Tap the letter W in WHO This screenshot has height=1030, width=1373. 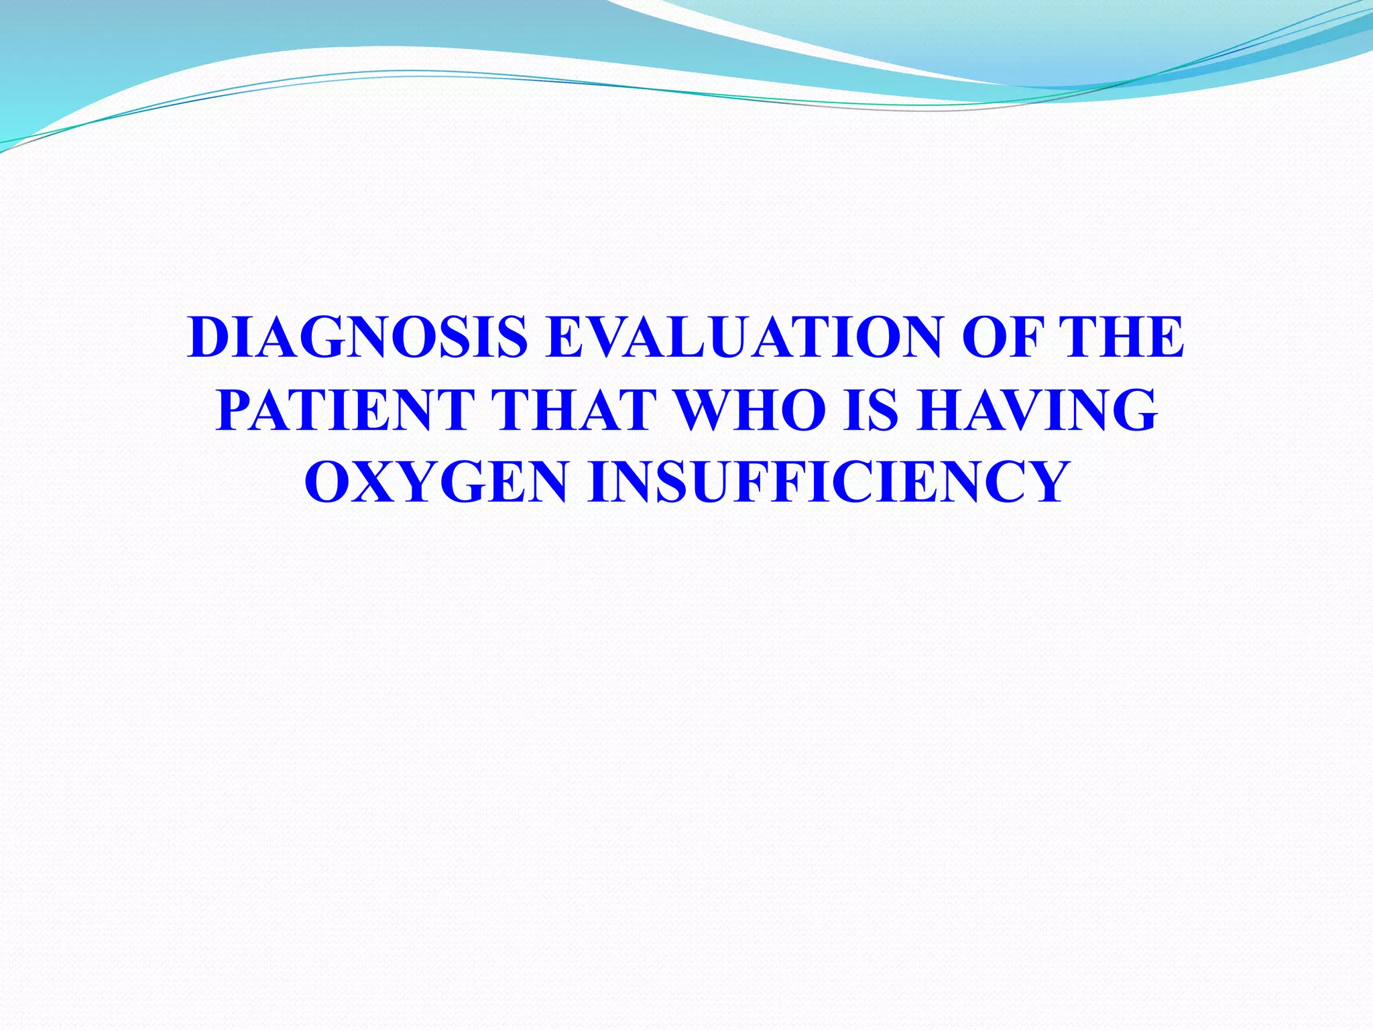point(707,410)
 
